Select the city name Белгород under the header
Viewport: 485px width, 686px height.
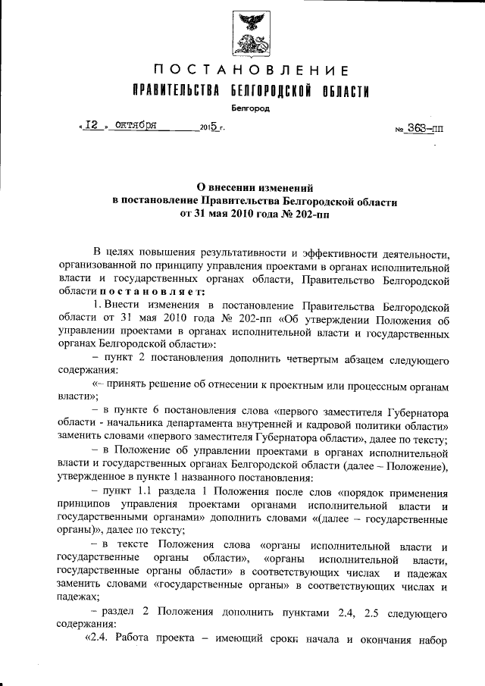tap(251, 108)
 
